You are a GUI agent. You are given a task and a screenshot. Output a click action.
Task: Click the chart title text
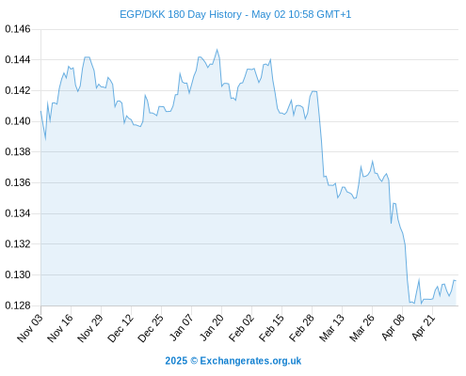point(235,14)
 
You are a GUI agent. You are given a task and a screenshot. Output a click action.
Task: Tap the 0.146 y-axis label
point(18,29)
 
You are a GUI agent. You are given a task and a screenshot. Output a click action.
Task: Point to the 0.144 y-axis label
point(18,59)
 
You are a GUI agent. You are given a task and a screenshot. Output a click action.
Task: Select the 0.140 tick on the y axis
point(18,121)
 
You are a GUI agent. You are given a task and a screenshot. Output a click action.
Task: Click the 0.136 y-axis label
point(18,182)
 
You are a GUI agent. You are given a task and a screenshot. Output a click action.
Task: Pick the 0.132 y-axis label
point(18,243)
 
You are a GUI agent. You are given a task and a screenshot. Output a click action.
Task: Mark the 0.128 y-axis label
point(18,305)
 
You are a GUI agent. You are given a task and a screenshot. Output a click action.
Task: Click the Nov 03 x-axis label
point(29,328)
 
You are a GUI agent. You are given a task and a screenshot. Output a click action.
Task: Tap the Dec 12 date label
point(121,328)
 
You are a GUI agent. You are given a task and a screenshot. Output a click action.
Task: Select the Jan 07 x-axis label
point(181,327)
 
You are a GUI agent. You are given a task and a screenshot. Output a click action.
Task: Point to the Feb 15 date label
point(272,328)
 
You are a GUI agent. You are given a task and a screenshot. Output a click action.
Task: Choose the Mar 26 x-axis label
point(362,328)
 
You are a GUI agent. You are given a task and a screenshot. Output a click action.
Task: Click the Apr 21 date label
point(424,327)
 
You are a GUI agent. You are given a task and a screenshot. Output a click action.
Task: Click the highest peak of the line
point(217,50)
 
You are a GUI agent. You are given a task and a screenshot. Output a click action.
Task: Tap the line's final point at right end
point(456,281)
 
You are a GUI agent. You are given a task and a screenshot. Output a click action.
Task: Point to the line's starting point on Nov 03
point(40,111)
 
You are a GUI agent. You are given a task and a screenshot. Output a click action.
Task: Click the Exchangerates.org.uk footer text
point(250,361)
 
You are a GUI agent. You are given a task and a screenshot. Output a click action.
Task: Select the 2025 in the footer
point(176,361)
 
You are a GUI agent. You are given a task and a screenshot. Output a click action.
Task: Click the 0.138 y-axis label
point(18,151)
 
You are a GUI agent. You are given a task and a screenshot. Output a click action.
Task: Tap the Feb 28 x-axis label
point(302,328)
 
